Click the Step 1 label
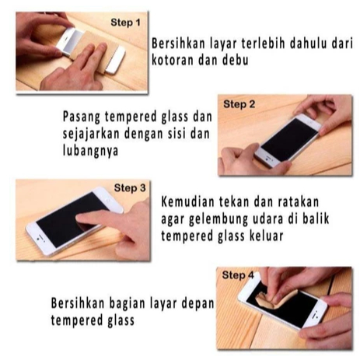(x=125, y=23)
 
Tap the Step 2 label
(x=239, y=104)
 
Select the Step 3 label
(x=130, y=188)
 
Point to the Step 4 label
(x=238, y=275)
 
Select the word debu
(x=236, y=60)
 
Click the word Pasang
(x=82, y=117)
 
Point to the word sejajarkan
(x=91, y=134)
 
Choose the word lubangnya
(x=90, y=151)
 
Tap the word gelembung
(x=218, y=219)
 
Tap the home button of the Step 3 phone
(x=39, y=238)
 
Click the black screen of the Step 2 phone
(x=289, y=140)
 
